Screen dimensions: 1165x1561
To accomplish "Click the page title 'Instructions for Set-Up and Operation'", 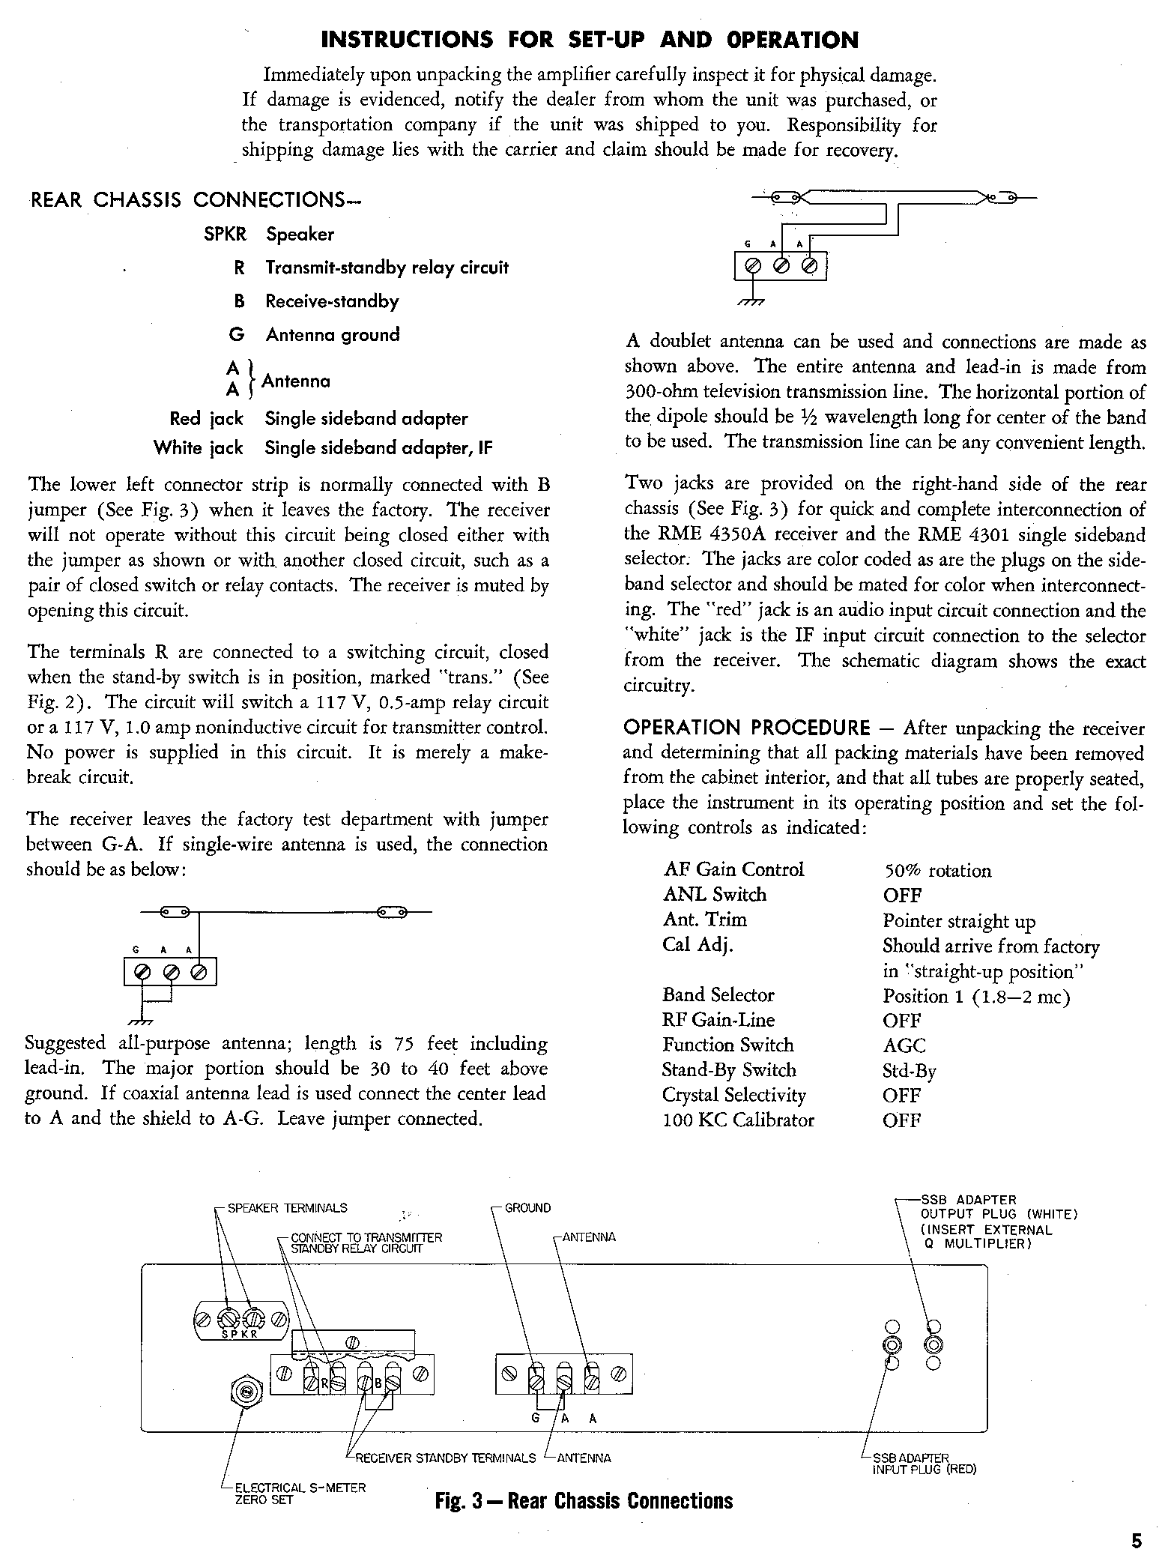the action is point(589,39).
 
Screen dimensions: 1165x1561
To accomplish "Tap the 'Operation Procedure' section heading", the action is point(747,728).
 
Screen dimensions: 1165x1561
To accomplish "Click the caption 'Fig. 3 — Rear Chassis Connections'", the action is point(584,1500).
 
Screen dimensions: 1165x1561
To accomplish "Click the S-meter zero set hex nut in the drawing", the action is point(246,1392).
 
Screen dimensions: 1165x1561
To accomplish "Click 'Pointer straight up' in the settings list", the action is point(959,921).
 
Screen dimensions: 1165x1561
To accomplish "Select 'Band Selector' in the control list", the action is point(718,994).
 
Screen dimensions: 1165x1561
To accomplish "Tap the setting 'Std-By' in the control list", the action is point(909,1071).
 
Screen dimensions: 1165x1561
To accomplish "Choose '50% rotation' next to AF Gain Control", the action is point(936,871).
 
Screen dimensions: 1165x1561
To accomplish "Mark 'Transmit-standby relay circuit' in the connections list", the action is point(387,268).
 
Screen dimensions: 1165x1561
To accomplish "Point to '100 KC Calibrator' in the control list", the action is point(738,1120).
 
